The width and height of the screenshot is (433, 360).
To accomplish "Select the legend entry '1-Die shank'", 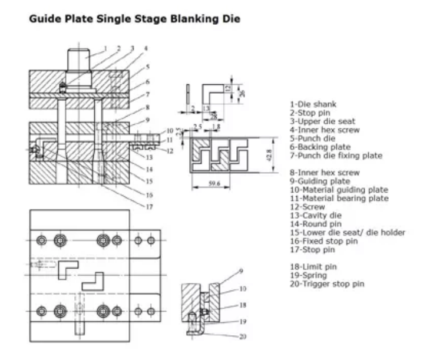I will pyautogui.click(x=310, y=104).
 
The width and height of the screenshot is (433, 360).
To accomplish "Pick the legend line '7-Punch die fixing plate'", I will pyautogui.click(x=336, y=156).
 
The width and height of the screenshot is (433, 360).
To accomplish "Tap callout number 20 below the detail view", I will pyautogui.click(x=243, y=336).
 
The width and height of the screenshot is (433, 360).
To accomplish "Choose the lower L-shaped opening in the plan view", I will pyautogui.click(x=94, y=283).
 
